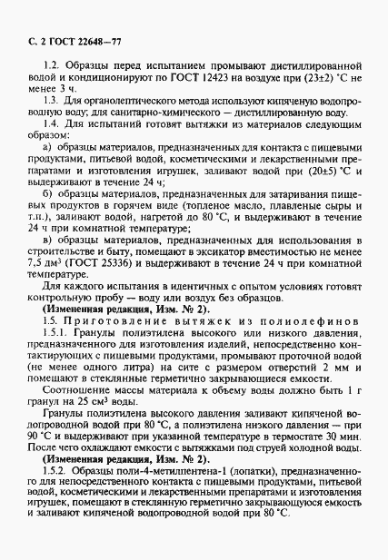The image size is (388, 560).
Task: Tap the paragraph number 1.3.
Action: tap(54, 107)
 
